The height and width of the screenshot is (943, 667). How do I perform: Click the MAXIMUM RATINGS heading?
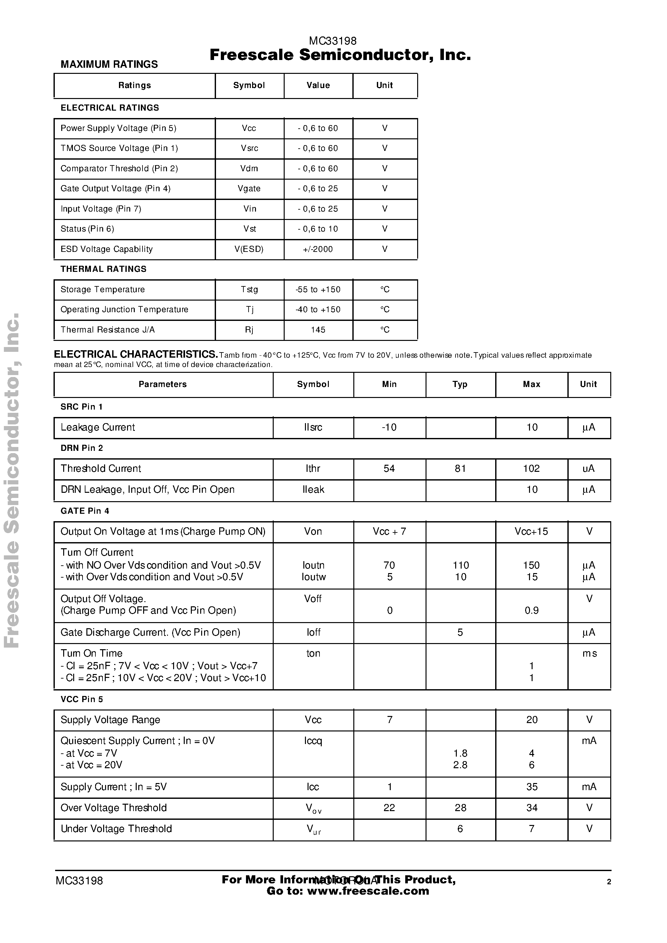coord(109,65)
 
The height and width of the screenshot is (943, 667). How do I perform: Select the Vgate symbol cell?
coord(249,189)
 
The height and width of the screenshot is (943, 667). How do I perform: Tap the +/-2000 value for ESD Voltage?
coord(318,249)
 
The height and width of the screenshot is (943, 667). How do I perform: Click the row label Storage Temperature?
coord(103,289)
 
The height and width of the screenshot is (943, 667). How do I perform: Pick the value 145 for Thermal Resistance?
coord(318,330)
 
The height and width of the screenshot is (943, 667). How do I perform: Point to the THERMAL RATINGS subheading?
coord(103,269)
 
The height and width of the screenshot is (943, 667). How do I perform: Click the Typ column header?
coord(460,384)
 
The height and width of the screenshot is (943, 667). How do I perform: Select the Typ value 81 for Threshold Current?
coord(460,468)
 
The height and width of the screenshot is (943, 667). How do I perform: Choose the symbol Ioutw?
coord(313,577)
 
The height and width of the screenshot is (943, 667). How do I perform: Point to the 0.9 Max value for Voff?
coord(532,610)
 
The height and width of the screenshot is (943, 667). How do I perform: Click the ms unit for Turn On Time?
coord(589,653)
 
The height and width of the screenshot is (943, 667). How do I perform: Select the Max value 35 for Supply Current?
coord(532,787)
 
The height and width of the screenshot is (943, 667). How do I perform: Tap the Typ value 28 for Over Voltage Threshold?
coord(460,808)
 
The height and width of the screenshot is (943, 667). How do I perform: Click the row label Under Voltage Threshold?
coord(116,829)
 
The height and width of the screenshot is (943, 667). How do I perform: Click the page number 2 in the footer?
coord(609,881)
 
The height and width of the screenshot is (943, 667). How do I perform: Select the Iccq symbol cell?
coord(313,740)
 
